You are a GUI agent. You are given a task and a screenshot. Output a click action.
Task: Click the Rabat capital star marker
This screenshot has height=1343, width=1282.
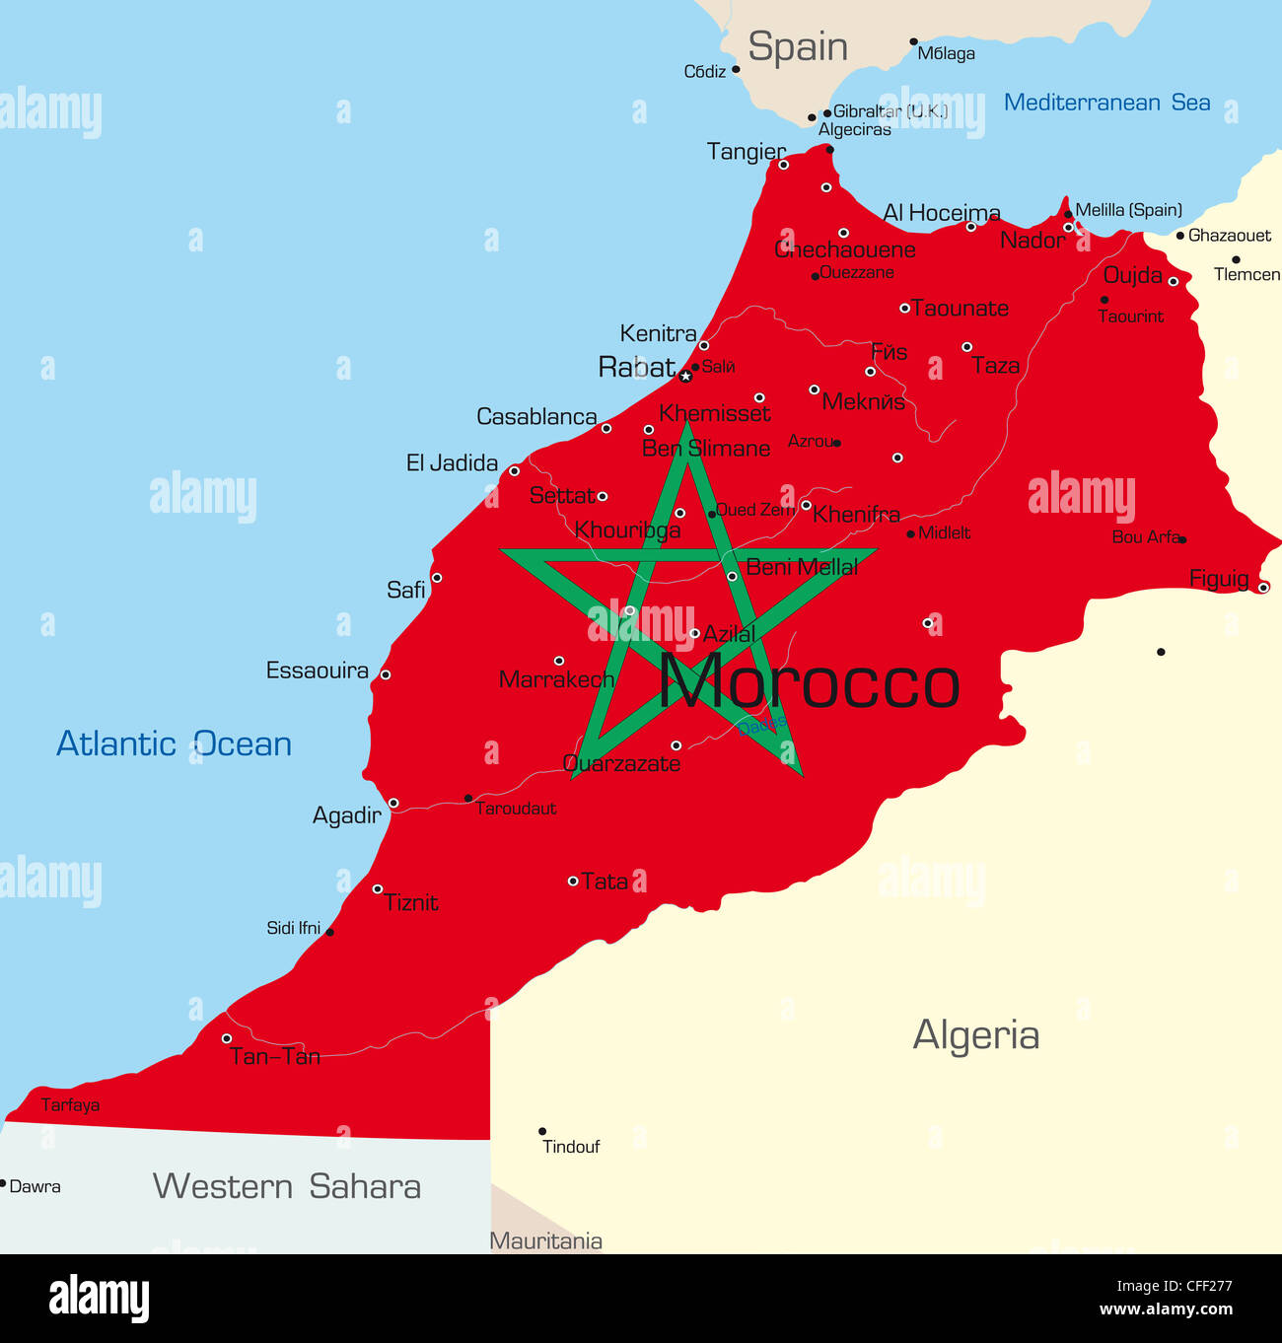click(x=685, y=376)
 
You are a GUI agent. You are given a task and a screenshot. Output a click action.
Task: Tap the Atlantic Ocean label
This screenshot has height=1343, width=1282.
click(x=174, y=743)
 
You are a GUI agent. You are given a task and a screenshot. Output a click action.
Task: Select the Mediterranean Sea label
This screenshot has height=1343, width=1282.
click(x=1106, y=103)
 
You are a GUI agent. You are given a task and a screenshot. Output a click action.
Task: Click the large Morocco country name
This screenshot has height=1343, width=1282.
click(x=809, y=682)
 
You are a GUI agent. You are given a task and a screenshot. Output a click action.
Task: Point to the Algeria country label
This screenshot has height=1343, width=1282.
click(x=975, y=1035)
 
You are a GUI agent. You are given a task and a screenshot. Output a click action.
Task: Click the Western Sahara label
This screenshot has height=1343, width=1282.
click(x=286, y=1186)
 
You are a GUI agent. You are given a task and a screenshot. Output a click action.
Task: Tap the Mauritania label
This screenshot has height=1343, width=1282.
click(x=546, y=1240)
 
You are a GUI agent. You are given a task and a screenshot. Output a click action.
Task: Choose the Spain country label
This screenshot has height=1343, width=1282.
click(x=797, y=46)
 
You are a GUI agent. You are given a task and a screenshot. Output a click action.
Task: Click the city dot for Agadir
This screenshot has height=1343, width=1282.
click(x=393, y=804)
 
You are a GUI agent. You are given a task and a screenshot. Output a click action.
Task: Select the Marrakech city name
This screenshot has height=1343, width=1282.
click(x=556, y=679)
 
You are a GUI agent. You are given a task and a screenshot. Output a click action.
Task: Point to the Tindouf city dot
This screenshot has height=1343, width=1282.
click(x=542, y=1131)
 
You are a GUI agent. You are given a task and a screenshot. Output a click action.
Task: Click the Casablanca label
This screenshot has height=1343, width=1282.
click(x=536, y=417)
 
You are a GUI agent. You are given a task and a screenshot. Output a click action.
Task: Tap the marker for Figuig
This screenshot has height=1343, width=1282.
click(x=1263, y=587)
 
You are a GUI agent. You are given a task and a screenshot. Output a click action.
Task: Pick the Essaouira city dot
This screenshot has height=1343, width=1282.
click(x=386, y=674)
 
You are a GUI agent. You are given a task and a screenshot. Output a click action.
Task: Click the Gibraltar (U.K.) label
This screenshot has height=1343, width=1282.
click(x=890, y=111)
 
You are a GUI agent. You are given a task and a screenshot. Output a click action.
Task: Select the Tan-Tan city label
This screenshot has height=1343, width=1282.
click(x=275, y=1057)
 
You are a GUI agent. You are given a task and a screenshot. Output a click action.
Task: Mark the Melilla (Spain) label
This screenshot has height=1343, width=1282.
click(x=1128, y=210)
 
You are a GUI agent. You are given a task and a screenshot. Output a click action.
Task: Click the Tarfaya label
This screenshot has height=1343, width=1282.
click(x=70, y=1105)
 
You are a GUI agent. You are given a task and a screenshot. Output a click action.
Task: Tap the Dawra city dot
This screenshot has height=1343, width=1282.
click(x=3, y=1183)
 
